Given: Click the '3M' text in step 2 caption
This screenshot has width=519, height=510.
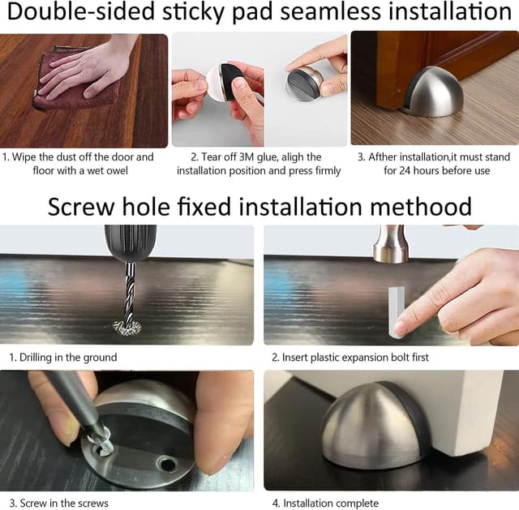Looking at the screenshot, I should click(256, 156).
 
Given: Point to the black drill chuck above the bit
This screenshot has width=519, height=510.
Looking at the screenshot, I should click(130, 242).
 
